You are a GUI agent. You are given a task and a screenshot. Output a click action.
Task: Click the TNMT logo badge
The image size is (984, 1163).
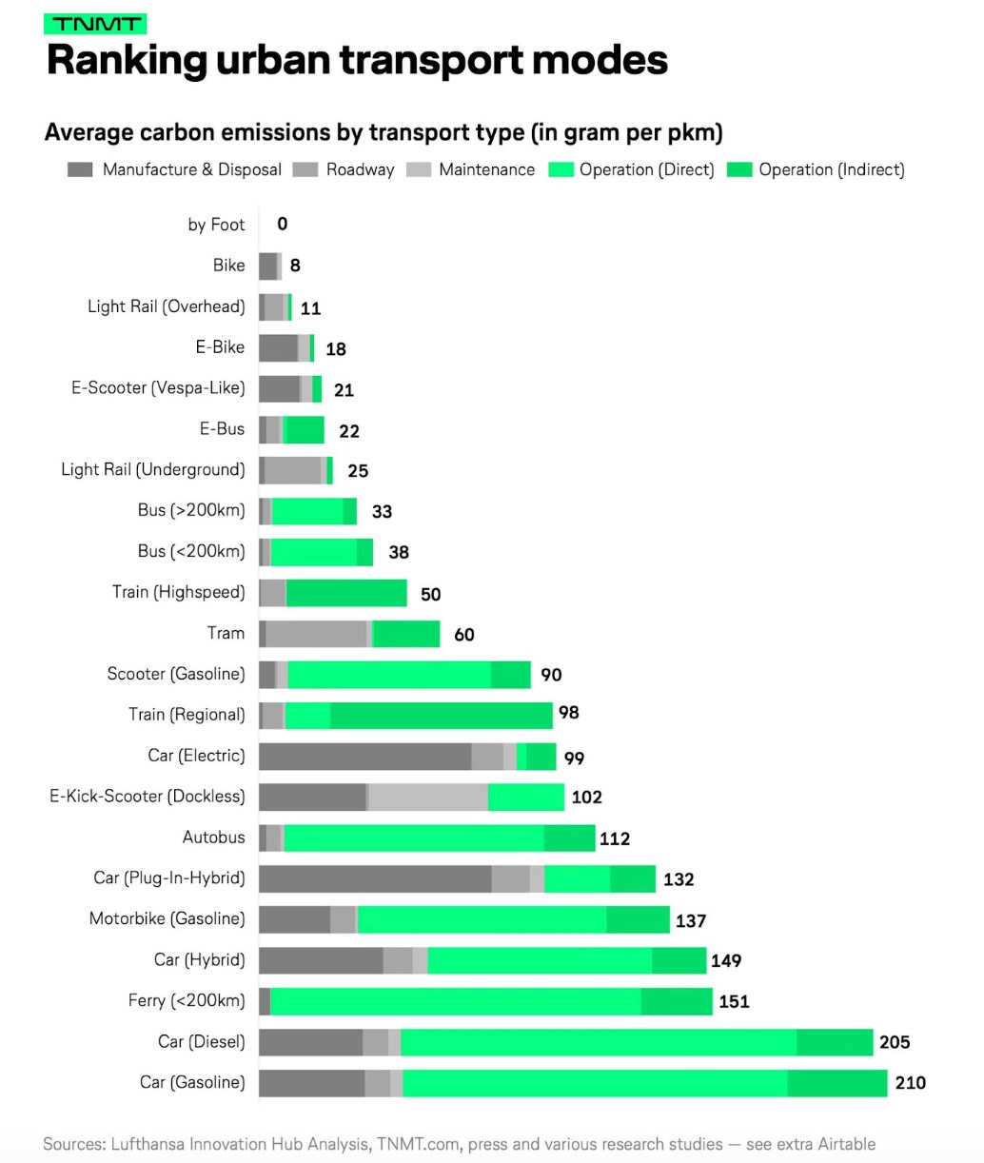pyautogui.click(x=95, y=25)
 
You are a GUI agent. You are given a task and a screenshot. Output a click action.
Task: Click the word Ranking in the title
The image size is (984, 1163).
pyautogui.click(x=127, y=61)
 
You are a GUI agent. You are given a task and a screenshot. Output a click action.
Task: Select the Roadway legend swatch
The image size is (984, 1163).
pyautogui.click(x=305, y=170)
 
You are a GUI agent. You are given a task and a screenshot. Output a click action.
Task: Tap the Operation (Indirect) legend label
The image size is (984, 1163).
pyautogui.click(x=831, y=170)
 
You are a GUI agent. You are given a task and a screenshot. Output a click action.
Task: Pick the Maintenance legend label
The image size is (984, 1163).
pyautogui.click(x=486, y=170)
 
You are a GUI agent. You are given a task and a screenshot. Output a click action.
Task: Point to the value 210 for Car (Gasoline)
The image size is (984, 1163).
pyautogui.click(x=910, y=1083)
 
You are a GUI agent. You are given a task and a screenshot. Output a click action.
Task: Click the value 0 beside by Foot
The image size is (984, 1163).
pyautogui.click(x=283, y=225)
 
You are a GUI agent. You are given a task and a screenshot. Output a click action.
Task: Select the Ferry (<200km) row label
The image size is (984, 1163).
pyautogui.click(x=187, y=1001)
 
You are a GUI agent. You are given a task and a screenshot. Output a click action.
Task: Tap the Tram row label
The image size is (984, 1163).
pyautogui.click(x=226, y=634)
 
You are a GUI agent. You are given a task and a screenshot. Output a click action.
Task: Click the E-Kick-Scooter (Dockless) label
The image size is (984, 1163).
pyautogui.click(x=148, y=797)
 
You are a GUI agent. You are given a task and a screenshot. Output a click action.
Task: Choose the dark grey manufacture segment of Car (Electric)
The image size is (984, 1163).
pyautogui.click(x=364, y=757)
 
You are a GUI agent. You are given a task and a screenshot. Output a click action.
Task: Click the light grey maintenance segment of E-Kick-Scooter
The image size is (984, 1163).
pyautogui.click(x=428, y=798)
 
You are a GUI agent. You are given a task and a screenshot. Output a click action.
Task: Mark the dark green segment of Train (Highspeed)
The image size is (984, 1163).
pyautogui.click(x=346, y=593)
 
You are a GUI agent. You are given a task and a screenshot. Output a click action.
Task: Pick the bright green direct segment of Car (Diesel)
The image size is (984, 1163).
pyautogui.click(x=598, y=1042)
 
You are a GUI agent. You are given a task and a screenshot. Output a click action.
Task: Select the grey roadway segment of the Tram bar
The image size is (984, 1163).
pyautogui.click(x=316, y=634)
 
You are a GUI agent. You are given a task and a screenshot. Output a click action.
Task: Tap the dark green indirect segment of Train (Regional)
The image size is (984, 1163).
pyautogui.click(x=441, y=716)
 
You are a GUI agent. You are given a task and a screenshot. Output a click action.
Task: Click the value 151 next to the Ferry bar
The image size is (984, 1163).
pyautogui.click(x=734, y=1002)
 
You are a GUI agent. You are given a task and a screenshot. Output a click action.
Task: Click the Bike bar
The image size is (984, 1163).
pyautogui.click(x=269, y=266)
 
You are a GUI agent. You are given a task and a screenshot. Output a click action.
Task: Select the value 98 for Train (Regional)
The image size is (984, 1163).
pyautogui.click(x=569, y=713)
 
